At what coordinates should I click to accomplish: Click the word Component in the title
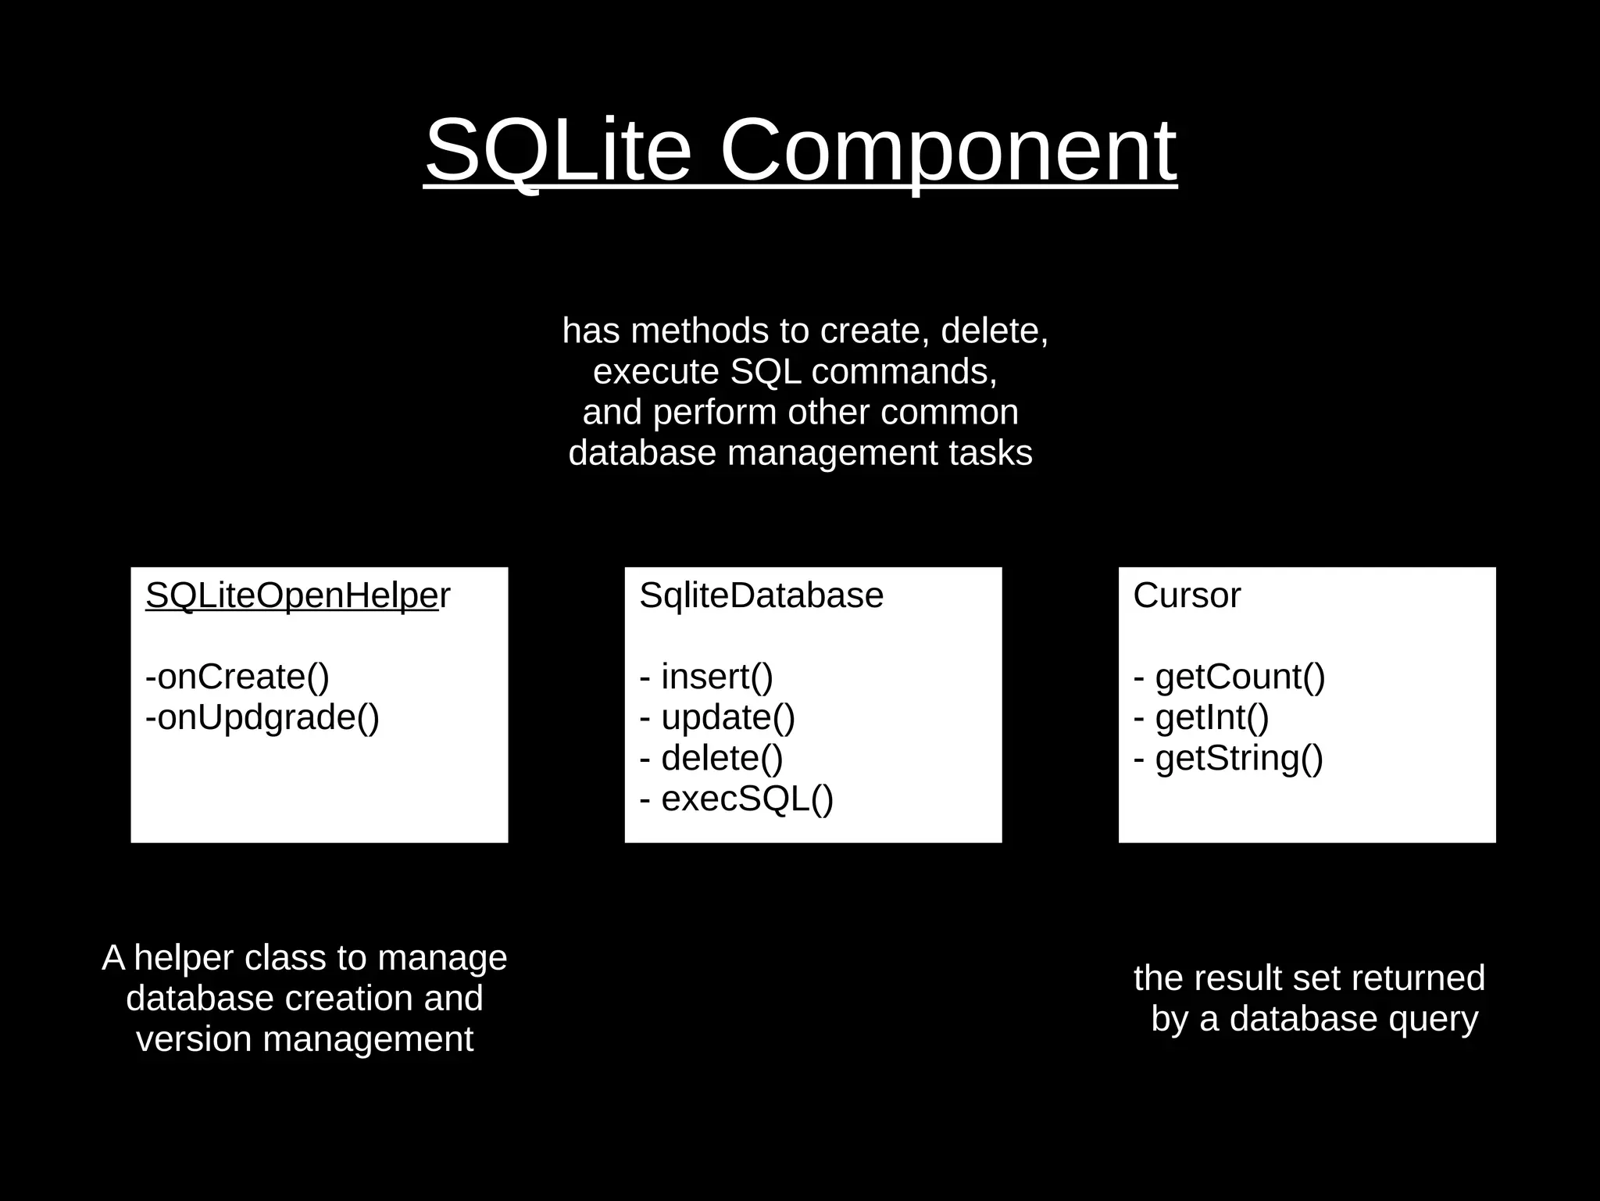click(x=947, y=150)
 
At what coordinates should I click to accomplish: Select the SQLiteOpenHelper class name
click(x=298, y=595)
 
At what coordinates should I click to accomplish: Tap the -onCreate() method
click(x=237, y=677)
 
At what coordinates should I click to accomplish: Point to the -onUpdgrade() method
click(x=262, y=717)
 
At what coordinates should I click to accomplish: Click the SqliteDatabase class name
click(x=761, y=595)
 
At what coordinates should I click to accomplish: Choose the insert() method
click(x=716, y=677)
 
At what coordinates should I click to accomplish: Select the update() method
click(x=727, y=717)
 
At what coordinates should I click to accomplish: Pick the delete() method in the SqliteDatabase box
click(x=721, y=758)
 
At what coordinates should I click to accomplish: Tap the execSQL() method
click(x=747, y=799)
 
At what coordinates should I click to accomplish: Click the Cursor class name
click(x=1186, y=595)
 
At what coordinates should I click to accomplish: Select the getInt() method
click(x=1212, y=717)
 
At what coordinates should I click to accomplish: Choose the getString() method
click(x=1239, y=758)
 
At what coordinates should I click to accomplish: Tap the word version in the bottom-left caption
click(x=195, y=1039)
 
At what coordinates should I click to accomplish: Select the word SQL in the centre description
click(x=766, y=372)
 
